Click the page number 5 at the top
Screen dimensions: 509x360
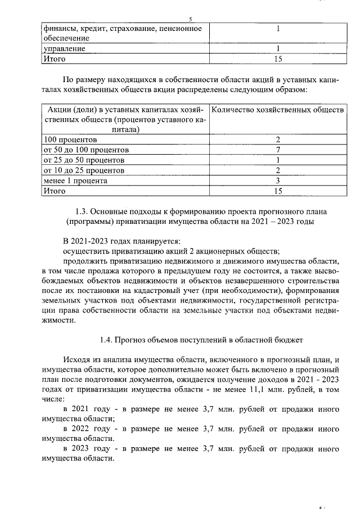click(x=191, y=19)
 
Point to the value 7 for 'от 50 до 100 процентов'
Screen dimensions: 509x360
click(x=278, y=150)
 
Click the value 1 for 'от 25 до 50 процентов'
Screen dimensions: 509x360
click(x=278, y=160)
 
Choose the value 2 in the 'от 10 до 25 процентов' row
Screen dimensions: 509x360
click(x=278, y=170)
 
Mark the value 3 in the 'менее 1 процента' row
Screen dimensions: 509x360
click(x=278, y=181)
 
